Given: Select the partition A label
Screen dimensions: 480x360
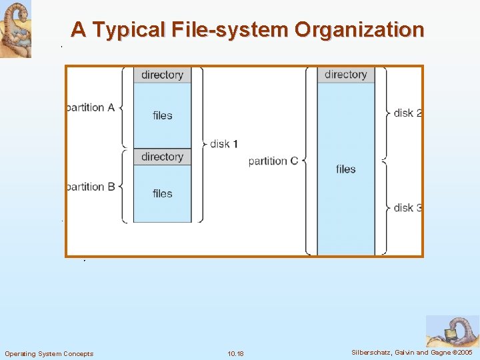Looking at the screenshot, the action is (90, 107).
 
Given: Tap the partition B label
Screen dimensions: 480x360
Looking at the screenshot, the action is (90, 187).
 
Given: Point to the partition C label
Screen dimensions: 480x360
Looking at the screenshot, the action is (273, 161).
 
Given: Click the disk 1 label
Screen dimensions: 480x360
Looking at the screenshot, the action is (224, 144).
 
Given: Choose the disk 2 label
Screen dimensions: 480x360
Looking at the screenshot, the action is (407, 113).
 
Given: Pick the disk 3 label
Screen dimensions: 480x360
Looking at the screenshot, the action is (407, 207).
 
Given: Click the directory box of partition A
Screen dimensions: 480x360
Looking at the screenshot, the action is (162, 75).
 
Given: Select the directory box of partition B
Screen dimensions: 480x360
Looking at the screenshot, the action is (162, 157).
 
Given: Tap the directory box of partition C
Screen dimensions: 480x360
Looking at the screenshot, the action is (345, 75).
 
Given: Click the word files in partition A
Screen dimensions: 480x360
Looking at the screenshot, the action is (162, 115).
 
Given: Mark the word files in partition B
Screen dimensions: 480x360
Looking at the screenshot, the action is (162, 193).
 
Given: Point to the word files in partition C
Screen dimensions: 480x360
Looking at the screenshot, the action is (345, 169).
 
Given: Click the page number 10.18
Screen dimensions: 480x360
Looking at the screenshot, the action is (235, 353).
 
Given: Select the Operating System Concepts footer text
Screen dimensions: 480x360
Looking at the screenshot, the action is (49, 353).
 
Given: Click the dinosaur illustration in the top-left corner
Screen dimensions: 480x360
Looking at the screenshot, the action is (15, 29).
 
